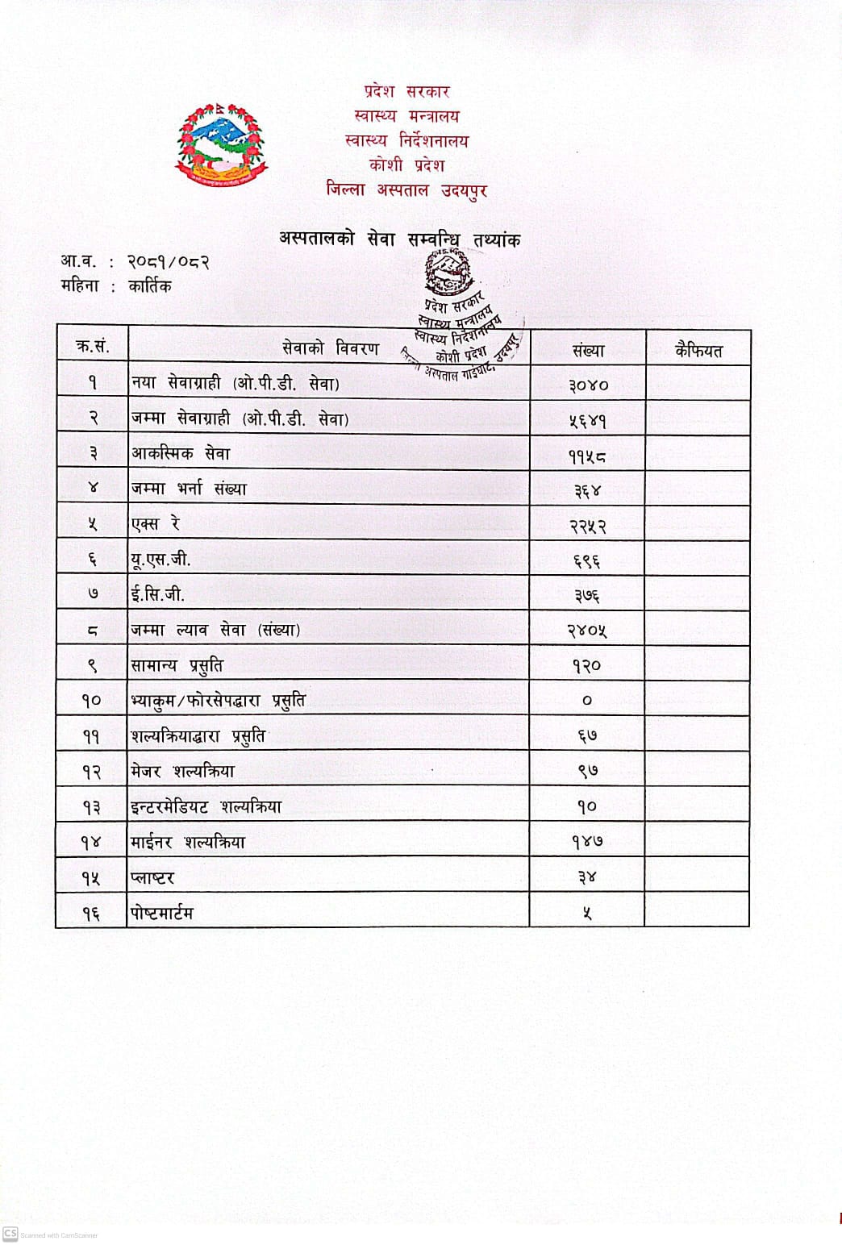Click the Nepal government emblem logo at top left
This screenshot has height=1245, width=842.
tap(220, 144)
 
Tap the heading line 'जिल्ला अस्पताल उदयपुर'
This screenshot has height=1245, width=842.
tap(406, 190)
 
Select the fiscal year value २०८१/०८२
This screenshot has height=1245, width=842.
tap(169, 262)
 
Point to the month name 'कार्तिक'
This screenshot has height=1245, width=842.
tap(150, 286)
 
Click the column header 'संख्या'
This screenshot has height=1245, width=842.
tap(588, 351)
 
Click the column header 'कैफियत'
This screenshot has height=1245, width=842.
tap(698, 351)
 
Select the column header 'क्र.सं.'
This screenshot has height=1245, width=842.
tap(93, 347)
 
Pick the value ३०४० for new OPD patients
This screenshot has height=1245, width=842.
tap(588, 385)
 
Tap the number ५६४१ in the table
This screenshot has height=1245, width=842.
tap(587, 420)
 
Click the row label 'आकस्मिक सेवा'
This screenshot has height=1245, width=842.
tap(181, 454)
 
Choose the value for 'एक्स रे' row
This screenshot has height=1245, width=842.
tap(587, 527)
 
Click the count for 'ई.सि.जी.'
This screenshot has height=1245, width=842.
tap(587, 596)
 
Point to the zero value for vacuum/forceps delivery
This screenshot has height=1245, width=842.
tap(587, 701)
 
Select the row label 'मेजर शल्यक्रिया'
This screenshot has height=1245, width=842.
tap(183, 772)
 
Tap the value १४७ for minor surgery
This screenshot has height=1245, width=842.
tap(587, 842)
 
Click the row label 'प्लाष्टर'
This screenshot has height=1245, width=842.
tap(152, 878)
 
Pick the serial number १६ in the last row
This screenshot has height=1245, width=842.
tap(91, 914)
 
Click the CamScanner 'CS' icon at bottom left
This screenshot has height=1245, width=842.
tap(10, 1234)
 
